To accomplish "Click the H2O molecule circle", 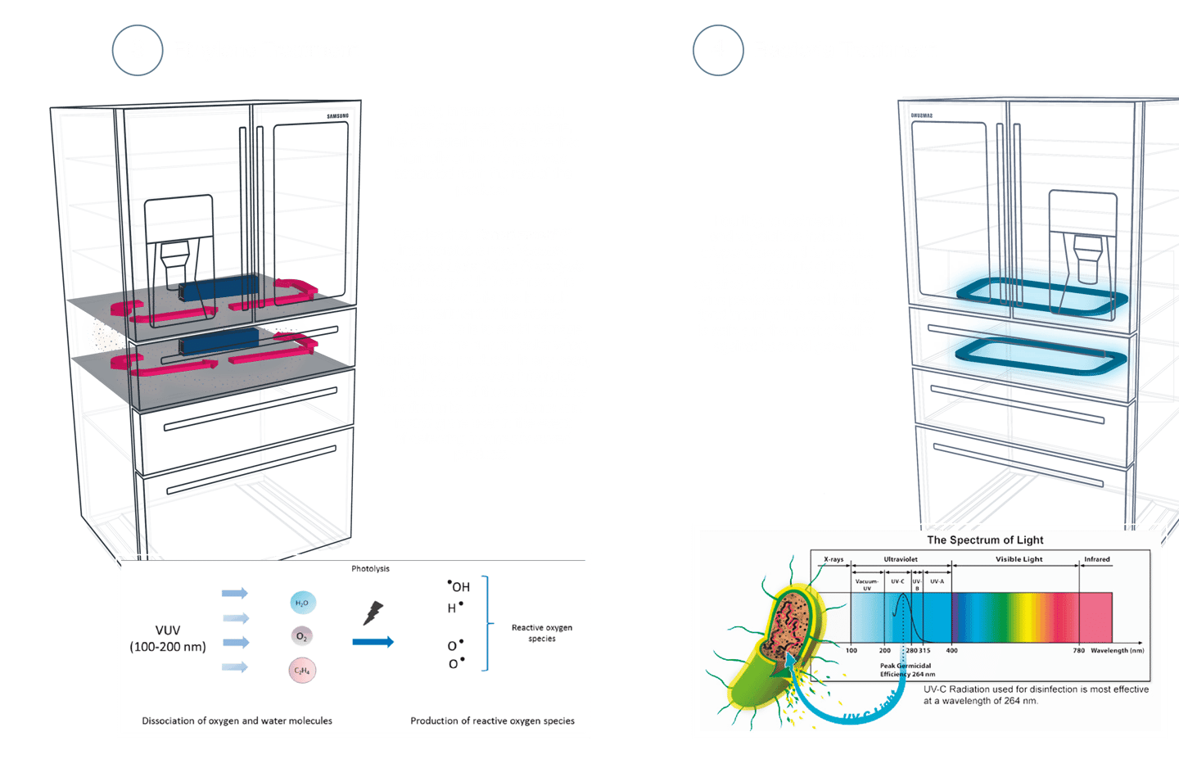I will (x=302, y=603).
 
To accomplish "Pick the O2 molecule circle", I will (x=302, y=636).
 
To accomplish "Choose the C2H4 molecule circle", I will (x=302, y=671).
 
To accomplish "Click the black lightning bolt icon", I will (x=373, y=612).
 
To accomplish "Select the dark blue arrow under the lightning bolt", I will (x=373, y=642).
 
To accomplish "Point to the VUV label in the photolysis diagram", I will (x=168, y=630).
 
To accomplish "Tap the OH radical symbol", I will (x=458, y=586).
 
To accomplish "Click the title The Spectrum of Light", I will (x=985, y=540).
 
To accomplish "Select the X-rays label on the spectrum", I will (x=833, y=559).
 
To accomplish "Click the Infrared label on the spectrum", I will (x=1097, y=559).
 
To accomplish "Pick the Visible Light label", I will (x=1019, y=559).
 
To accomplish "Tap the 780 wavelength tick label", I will (x=1079, y=651).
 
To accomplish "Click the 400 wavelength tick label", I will (x=952, y=651).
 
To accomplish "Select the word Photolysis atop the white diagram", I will (x=370, y=569).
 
